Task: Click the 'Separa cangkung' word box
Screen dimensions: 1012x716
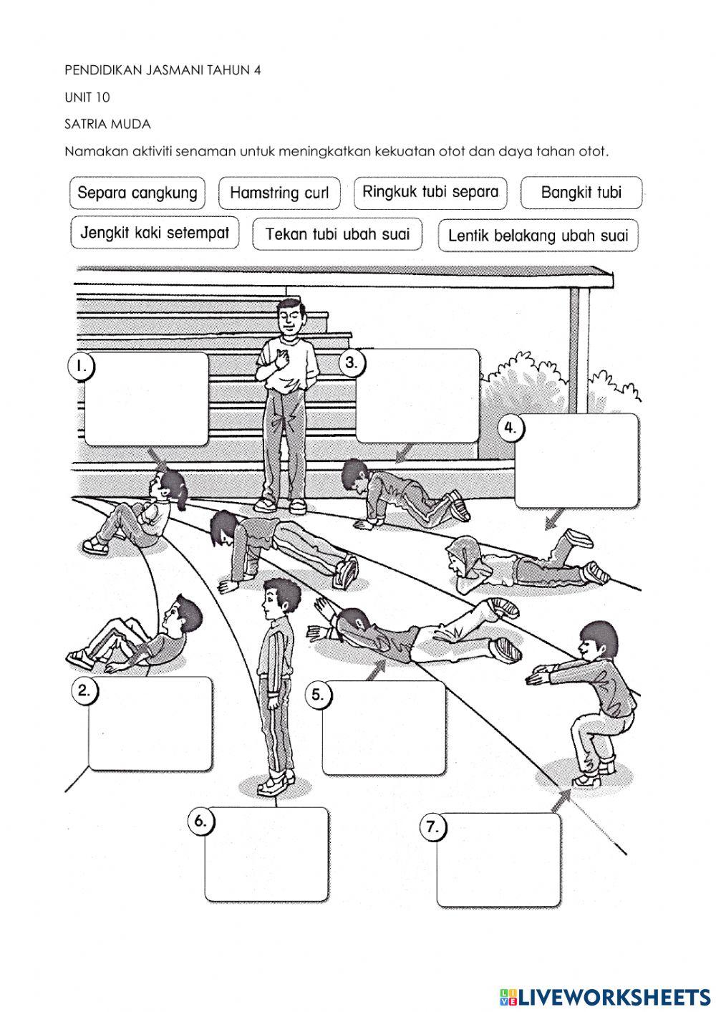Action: coord(137,193)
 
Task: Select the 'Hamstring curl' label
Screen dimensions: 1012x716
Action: coord(279,193)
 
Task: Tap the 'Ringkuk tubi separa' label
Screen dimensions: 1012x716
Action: coord(430,192)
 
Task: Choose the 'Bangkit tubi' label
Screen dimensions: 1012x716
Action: coord(581,193)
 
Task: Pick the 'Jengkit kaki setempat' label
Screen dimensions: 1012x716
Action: coord(155,233)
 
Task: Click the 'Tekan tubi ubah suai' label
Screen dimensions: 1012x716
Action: coord(337,234)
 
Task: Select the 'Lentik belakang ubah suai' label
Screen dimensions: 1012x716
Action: coord(538,235)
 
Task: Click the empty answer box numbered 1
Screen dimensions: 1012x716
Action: coord(147,399)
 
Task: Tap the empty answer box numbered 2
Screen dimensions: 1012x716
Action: coord(151,723)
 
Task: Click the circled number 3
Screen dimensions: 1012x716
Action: coord(351,362)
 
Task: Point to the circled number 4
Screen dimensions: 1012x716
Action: coord(510,428)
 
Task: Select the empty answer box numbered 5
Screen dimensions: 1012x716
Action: coord(384,728)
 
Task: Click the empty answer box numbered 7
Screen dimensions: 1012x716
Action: coord(499,860)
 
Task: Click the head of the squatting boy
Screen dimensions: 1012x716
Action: coord(596,640)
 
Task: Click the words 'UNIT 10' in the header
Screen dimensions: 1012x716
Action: coord(87,97)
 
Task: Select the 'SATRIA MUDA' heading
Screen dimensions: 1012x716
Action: coord(107,124)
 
